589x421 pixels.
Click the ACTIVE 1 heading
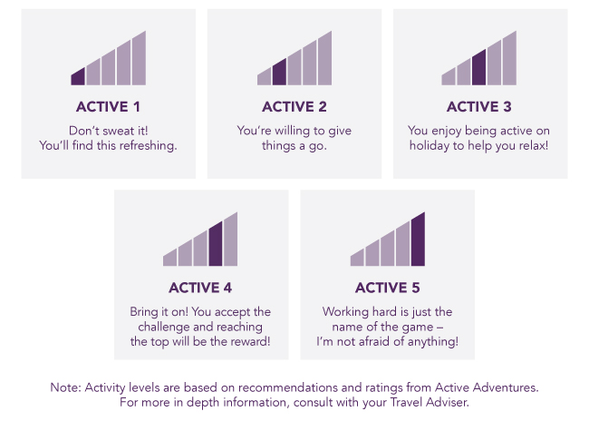coord(108,107)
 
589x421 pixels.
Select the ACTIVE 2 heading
coord(294,107)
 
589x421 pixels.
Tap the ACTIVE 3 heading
coord(479,107)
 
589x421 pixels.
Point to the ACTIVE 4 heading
coord(200,288)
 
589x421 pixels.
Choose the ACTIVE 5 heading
coord(387,288)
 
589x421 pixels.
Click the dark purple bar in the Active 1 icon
coord(78,77)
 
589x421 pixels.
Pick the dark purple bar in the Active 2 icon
coord(279,73)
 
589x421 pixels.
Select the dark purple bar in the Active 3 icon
coord(479,68)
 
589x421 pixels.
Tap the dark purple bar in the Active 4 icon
coord(216,244)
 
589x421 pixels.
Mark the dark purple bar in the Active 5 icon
coord(418,240)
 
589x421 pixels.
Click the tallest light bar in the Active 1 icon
coord(139,59)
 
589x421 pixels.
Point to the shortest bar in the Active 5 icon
coord(357,258)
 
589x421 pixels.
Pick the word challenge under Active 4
coord(164,327)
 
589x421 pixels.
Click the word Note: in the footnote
coord(66,387)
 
